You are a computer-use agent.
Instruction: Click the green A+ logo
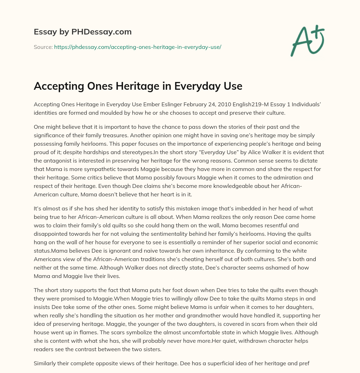pos(307,42)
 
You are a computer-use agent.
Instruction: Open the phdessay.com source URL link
pos(137,47)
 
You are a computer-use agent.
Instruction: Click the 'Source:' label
pos(43,47)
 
